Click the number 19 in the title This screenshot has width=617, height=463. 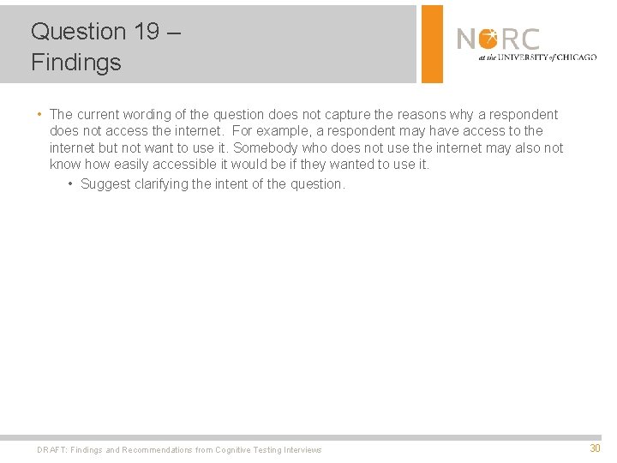(x=147, y=32)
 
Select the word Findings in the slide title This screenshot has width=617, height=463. (x=75, y=63)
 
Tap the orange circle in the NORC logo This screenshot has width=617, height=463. (x=488, y=39)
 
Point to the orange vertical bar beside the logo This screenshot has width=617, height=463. (x=433, y=44)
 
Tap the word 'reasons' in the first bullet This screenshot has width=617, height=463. (x=421, y=115)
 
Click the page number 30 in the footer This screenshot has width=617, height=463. (x=595, y=448)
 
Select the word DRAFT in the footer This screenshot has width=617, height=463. (x=51, y=449)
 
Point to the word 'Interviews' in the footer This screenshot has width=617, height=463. (x=303, y=449)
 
